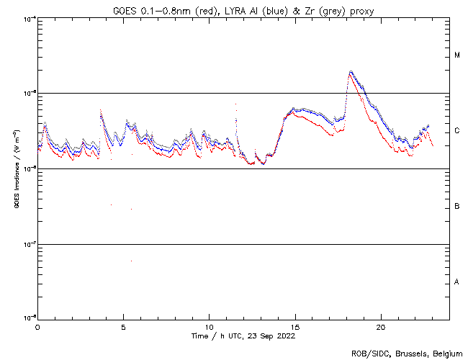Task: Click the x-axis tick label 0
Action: [x=37, y=326]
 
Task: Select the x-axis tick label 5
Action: [x=123, y=326]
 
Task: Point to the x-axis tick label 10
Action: [x=209, y=326]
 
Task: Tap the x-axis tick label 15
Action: [x=295, y=326]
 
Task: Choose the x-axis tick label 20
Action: [x=381, y=326]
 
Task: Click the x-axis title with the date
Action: [x=243, y=336]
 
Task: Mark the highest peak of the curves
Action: [x=351, y=71]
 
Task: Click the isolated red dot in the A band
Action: [x=131, y=261]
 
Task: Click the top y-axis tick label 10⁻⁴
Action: [x=28, y=19]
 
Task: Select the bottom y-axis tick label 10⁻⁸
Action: [x=28, y=317]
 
